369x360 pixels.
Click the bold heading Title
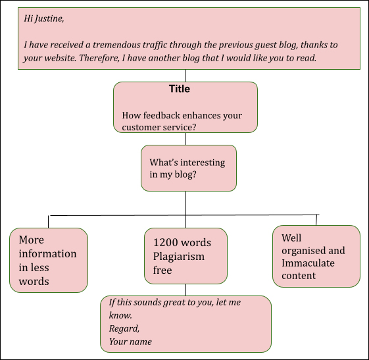180,89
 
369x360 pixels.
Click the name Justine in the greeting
49,18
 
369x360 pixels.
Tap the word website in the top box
60,58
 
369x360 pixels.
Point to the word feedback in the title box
162,115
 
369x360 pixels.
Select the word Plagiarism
179,257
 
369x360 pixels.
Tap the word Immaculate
308,263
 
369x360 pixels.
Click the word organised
304,251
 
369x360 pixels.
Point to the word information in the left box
47,254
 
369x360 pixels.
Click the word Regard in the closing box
124,328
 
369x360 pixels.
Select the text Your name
130,342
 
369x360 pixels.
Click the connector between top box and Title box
185,76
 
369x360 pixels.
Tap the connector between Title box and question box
185,139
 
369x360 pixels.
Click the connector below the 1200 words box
185,290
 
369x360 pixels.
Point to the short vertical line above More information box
49,222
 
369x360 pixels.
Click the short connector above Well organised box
316,220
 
